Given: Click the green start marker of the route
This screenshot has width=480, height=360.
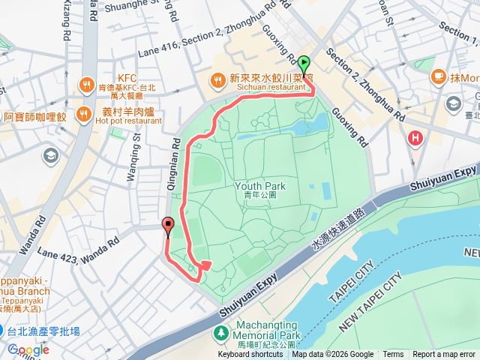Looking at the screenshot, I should coord(304,65).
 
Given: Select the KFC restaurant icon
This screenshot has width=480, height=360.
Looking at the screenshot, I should coord(87,83).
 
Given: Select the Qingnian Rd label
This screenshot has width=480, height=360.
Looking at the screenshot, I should coord(177,156).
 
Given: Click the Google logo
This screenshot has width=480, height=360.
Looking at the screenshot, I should coord(28,349).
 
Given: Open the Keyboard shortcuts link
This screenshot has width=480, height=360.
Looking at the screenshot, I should coord(250,355).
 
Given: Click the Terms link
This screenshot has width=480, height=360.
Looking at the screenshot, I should coord(393,355).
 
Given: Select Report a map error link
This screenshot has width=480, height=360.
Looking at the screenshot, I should coord(444,355).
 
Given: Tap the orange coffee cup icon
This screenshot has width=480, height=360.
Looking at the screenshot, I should coord(438,76).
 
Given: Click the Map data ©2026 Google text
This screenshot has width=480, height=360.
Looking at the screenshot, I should coord(332,355).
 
